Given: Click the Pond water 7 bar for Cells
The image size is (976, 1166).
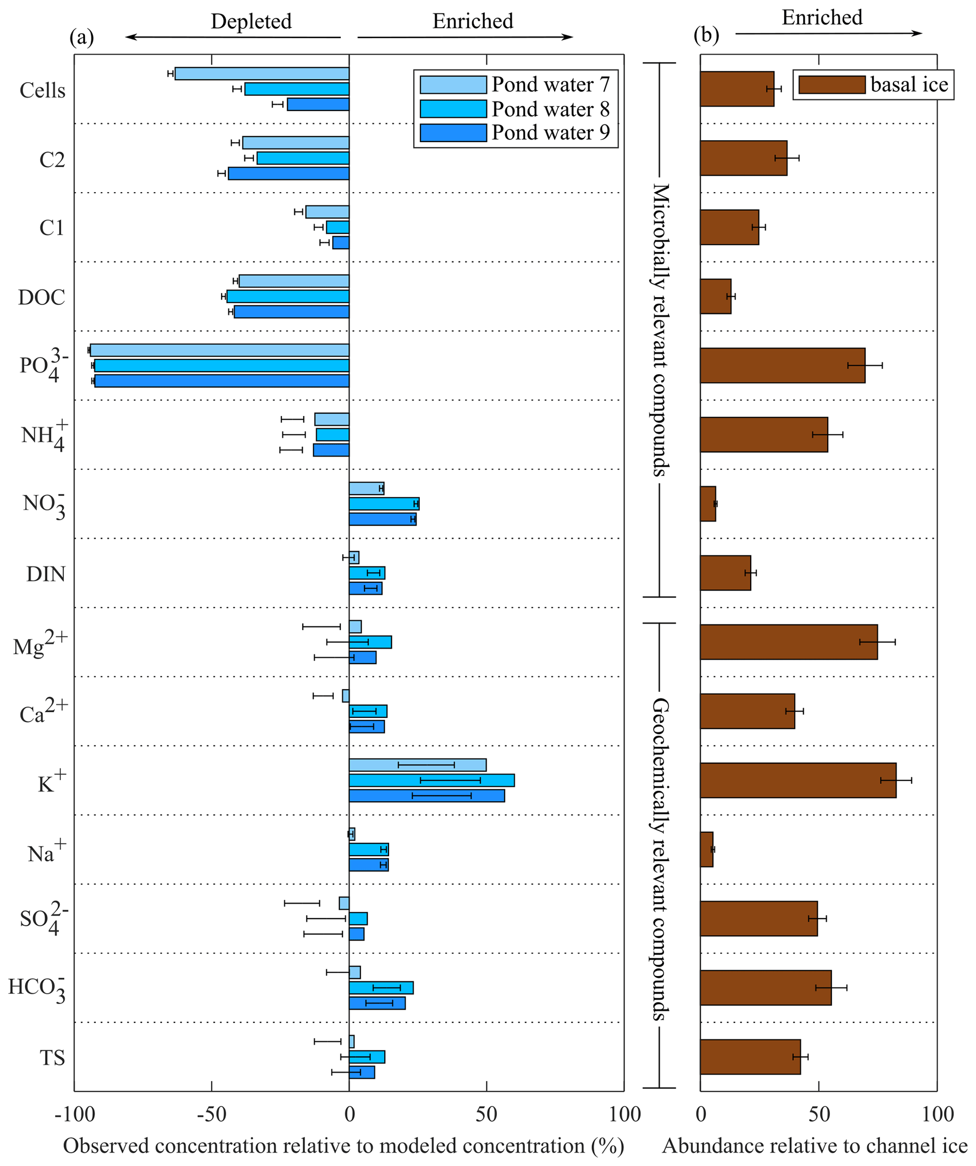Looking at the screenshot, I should pyautogui.click(x=262, y=74).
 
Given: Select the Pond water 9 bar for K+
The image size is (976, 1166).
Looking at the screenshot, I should pyautogui.click(x=426, y=796).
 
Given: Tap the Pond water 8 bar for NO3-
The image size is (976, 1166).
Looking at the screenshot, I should pyautogui.click(x=383, y=503).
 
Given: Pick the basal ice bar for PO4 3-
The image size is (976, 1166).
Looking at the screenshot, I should pyautogui.click(x=782, y=366).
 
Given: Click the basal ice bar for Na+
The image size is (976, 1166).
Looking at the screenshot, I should pyautogui.click(x=706, y=850).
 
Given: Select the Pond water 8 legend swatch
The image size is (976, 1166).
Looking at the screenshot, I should pyautogui.click(x=453, y=109).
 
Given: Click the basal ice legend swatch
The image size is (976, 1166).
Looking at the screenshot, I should pyautogui.click(x=832, y=85).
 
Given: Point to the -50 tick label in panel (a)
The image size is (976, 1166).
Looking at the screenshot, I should pyautogui.click(x=211, y=1114).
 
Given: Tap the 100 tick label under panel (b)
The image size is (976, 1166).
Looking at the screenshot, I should pyautogui.click(x=938, y=1114).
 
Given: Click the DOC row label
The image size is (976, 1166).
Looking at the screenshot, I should pyautogui.click(x=42, y=298).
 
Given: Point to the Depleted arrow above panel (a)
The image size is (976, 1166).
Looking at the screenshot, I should pyautogui.click(x=233, y=37).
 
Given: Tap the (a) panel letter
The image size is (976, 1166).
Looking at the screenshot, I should pyautogui.click(x=82, y=37).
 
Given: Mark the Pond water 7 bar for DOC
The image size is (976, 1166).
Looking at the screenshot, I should pyautogui.click(x=294, y=281).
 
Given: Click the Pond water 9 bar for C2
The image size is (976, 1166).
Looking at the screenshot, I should pyautogui.click(x=288, y=174).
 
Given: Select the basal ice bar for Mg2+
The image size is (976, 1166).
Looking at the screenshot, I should pyautogui.click(x=789, y=642).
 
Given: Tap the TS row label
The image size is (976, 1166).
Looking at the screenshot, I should pyautogui.click(x=52, y=1058).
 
